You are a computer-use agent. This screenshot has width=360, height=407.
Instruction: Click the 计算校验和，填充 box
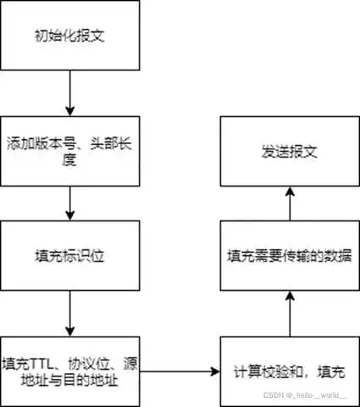coord(290,371)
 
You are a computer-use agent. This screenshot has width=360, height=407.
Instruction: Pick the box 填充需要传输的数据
coord(290,254)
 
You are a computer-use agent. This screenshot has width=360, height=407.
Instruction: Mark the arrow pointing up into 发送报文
coord(290,203)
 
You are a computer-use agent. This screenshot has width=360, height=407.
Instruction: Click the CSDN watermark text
coord(306,397)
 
